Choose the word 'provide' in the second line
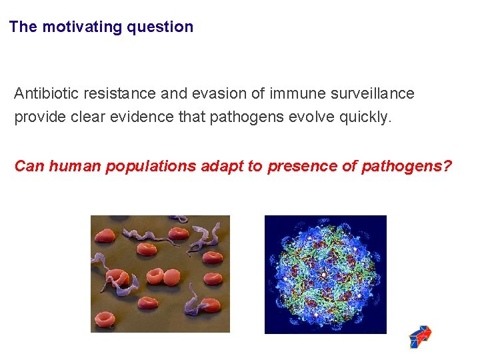(x=39, y=117)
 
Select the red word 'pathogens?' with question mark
(x=406, y=166)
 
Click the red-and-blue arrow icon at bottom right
(x=420, y=337)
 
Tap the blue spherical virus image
(x=325, y=274)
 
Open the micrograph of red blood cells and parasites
(x=160, y=274)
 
